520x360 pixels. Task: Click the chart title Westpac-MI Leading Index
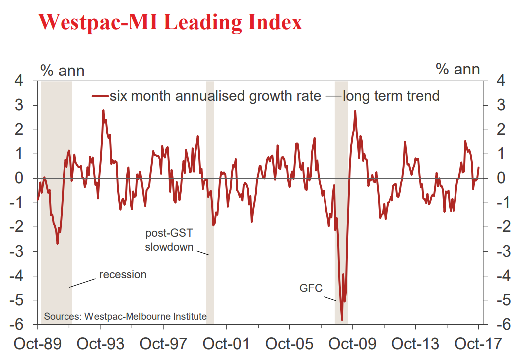(170, 22)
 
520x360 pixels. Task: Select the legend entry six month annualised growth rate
(215, 95)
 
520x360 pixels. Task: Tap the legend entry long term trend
(391, 95)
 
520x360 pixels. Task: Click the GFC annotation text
(311, 288)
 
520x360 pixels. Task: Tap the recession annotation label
(123, 274)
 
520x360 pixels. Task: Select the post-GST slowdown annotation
(169, 240)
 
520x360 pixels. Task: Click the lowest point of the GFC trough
(342, 320)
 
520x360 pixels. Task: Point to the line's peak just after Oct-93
(103, 110)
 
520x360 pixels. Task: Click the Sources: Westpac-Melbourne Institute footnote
(126, 316)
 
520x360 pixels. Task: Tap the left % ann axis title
(63, 71)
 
